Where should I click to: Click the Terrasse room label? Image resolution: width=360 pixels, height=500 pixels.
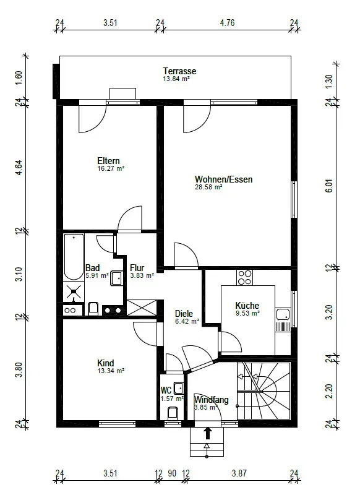click(179, 71)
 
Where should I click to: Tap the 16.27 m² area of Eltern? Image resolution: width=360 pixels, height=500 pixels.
click(111, 168)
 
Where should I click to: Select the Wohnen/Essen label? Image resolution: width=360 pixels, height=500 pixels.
click(223, 179)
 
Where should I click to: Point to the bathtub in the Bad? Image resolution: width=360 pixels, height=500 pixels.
click(74, 257)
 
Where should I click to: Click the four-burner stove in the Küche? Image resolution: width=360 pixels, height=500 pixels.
click(244, 277)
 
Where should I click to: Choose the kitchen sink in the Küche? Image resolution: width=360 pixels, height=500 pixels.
click(283, 314)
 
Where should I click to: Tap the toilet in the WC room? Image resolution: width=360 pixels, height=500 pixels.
click(173, 413)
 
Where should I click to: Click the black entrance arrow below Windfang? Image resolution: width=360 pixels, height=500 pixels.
click(208, 433)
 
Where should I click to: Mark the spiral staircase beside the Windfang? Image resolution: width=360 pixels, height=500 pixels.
click(264, 391)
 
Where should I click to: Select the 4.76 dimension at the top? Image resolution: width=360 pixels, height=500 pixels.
click(227, 23)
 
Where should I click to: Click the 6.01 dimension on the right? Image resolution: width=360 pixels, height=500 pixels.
click(330, 186)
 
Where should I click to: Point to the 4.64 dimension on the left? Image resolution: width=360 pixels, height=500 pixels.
click(19, 168)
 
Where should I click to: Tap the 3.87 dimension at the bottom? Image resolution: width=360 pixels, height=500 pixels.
click(239, 473)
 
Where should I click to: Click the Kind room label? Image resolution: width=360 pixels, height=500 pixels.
click(106, 363)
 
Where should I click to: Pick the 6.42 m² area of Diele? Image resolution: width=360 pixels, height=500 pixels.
click(187, 321)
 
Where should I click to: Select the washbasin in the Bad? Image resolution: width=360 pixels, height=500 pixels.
click(117, 278)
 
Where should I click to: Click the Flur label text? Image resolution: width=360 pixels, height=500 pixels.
click(137, 268)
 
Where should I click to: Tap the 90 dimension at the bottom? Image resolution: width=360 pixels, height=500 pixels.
click(172, 473)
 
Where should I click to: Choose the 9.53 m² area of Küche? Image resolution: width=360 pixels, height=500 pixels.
click(247, 314)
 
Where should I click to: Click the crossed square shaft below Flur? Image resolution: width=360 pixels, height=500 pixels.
click(142, 308)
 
